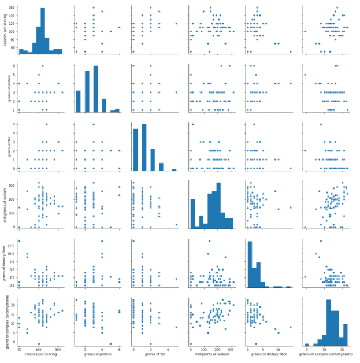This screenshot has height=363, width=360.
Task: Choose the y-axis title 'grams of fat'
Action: (5, 146)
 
